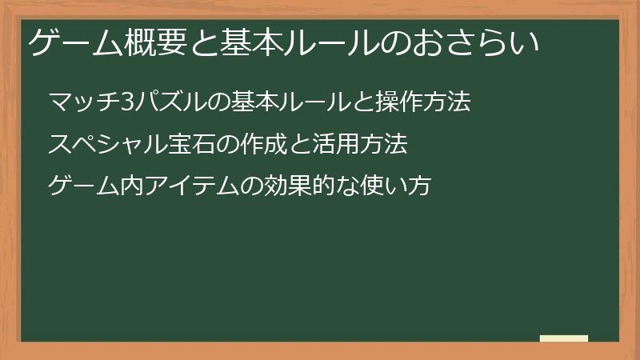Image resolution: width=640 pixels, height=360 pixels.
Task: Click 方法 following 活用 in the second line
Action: coord(390,145)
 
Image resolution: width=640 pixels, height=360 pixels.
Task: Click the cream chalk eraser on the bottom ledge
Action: coord(564,338)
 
